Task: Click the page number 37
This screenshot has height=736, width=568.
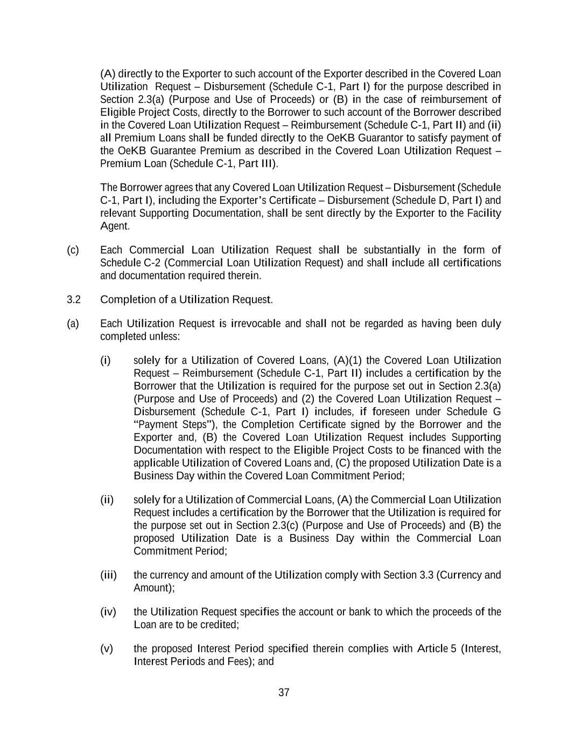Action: pos(284,693)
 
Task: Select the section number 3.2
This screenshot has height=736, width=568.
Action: pos(74,300)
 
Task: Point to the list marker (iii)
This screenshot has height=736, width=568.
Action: pos(108,575)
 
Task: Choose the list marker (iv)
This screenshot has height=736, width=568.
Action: pos(108,612)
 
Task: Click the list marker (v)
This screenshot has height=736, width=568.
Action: pos(107,649)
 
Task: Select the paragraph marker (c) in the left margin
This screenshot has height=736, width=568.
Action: pos(73,250)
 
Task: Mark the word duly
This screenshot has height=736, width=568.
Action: pos(491,324)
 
